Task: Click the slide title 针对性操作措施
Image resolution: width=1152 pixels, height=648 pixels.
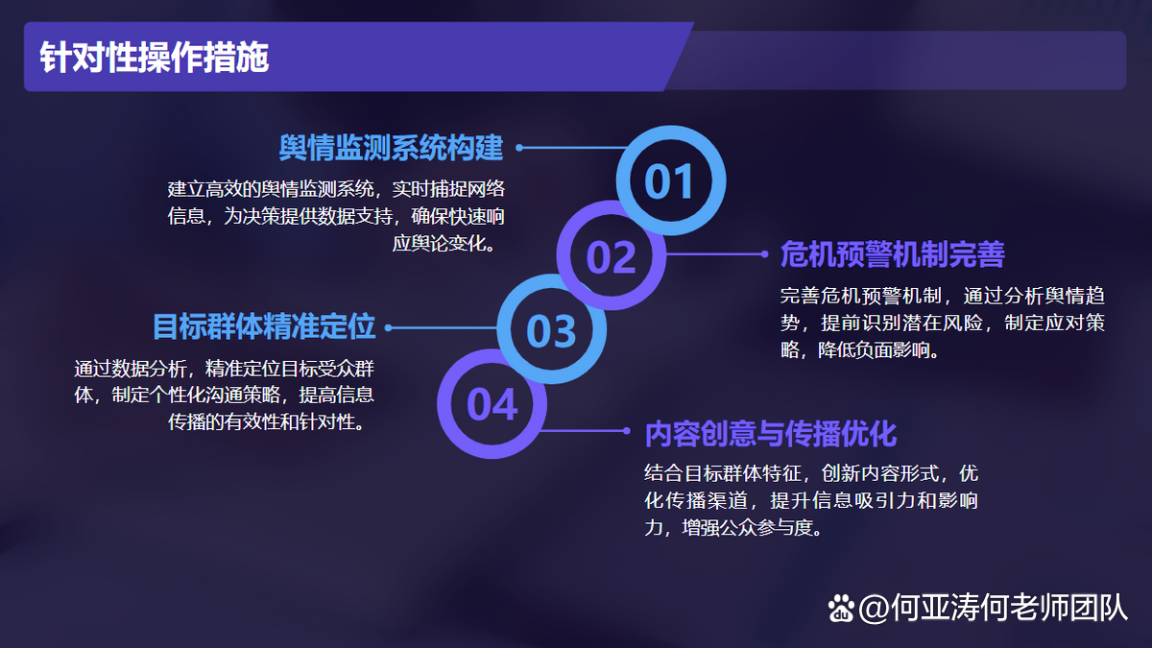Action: (155, 57)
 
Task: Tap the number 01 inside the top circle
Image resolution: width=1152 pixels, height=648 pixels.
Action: (669, 181)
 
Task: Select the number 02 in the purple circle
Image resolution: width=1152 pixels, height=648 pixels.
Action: (611, 257)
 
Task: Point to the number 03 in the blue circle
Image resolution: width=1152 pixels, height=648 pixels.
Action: (551, 331)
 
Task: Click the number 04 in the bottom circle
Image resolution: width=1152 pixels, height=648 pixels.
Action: (492, 405)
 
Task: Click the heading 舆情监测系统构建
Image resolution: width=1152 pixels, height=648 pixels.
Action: (391, 148)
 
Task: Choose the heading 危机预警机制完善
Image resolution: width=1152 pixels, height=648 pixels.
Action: (892, 254)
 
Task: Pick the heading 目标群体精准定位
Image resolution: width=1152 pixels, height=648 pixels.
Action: (264, 327)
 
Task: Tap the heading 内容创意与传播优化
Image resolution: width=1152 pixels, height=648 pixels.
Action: (771, 434)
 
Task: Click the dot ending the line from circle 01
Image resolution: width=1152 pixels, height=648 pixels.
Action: (519, 148)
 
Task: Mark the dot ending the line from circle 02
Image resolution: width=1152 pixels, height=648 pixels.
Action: (765, 254)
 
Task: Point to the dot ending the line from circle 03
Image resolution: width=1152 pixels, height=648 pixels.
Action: (388, 327)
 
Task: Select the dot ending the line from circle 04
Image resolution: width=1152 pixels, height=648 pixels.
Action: (626, 431)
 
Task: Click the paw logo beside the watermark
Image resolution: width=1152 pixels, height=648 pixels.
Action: (841, 609)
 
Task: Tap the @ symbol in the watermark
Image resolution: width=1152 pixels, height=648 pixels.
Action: (874, 609)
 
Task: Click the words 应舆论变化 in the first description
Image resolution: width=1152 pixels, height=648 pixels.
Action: (440, 243)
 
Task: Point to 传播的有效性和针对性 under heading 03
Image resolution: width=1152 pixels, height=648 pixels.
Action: (262, 422)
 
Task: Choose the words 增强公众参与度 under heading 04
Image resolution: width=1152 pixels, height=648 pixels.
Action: (747, 528)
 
